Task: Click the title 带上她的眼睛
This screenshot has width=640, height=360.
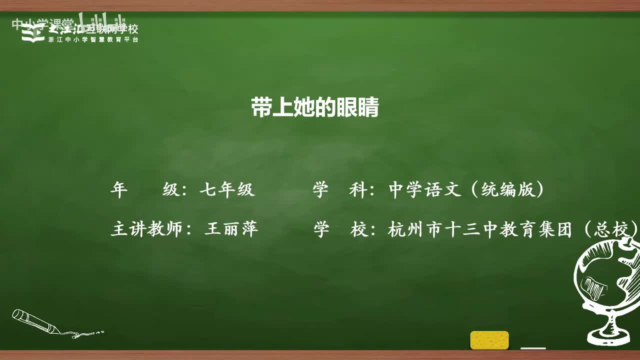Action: point(315,107)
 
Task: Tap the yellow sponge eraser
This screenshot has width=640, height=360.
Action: point(489,340)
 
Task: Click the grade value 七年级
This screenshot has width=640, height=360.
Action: point(227,190)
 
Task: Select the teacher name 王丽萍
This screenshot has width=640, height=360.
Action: point(231,229)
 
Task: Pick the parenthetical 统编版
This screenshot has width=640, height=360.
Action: point(507,190)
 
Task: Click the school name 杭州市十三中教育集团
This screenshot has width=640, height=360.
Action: point(479,229)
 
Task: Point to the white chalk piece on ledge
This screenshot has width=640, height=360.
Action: point(533,347)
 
